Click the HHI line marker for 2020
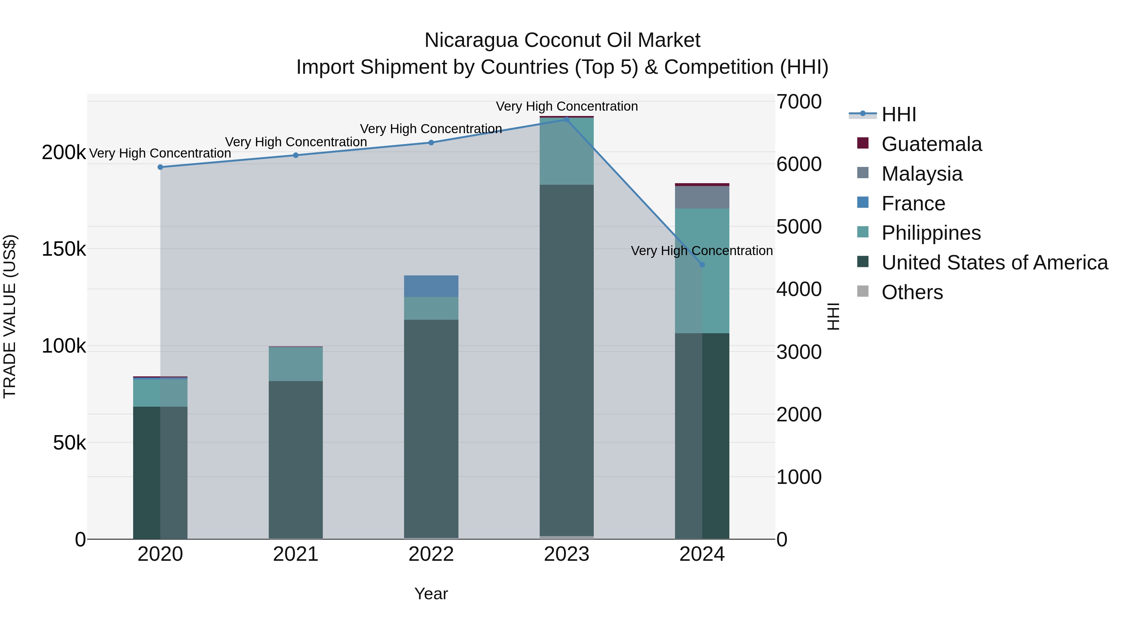pyautogui.click(x=160, y=167)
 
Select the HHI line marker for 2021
pyautogui.click(x=296, y=155)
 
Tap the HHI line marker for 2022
pyautogui.click(x=431, y=143)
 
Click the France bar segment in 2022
pyautogui.click(x=431, y=286)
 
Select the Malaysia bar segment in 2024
pyautogui.click(x=702, y=197)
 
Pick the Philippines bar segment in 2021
pyautogui.click(x=296, y=364)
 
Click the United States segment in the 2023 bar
pyautogui.click(x=567, y=358)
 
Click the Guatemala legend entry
pyautogui.click(x=931, y=144)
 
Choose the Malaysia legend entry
pyautogui.click(x=922, y=174)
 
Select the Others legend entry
pyautogui.click(x=912, y=292)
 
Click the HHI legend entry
pyautogui.click(x=898, y=114)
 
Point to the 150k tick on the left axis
pyautogui.click(x=64, y=249)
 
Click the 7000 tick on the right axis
pyautogui.click(x=799, y=102)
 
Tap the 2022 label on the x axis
pyautogui.click(x=431, y=554)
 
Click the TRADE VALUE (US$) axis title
pyautogui.click(x=10, y=316)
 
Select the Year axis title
pyautogui.click(x=431, y=594)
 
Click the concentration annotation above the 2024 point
pyautogui.click(x=702, y=251)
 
